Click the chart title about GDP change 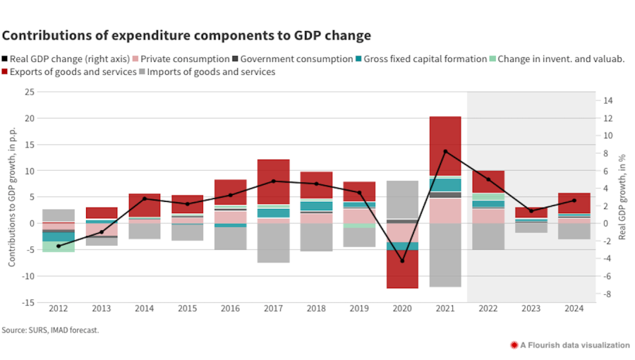(x=186, y=35)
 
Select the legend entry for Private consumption (x=186, y=59)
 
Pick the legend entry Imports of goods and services (x=209, y=72)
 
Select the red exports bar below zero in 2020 (x=401, y=269)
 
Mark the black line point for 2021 (x=445, y=151)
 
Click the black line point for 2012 (x=58, y=246)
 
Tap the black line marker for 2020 (x=401, y=260)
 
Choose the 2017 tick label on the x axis (x=273, y=308)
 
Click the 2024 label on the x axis (x=574, y=308)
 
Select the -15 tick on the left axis (x=28, y=302)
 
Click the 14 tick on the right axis (x=607, y=101)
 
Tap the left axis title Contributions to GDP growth (x=12, y=197)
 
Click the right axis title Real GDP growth (x=622, y=197)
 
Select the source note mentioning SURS (x=50, y=330)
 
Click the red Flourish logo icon (x=514, y=345)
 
